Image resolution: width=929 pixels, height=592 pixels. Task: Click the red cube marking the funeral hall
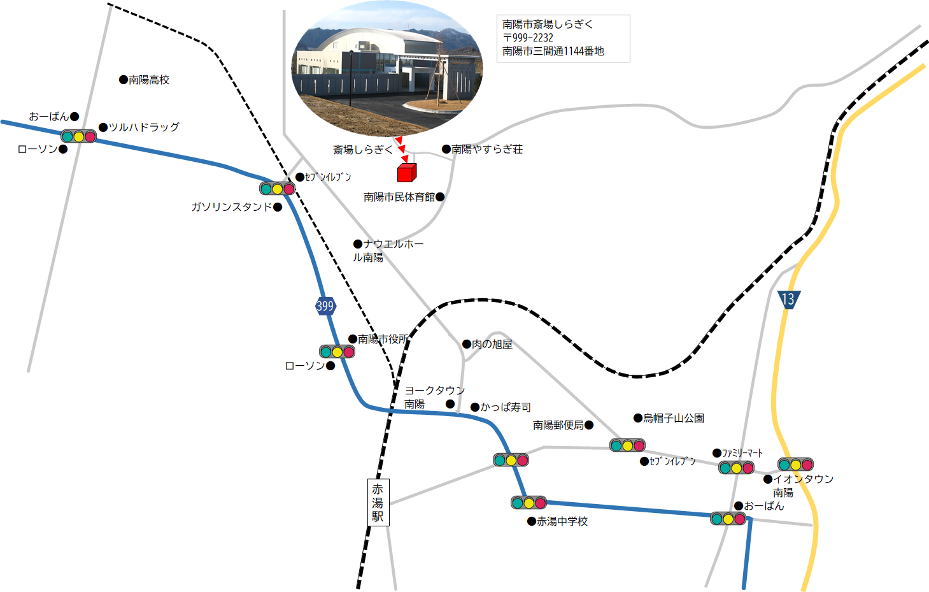coord(407,173)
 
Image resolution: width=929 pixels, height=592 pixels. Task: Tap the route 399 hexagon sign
coord(325,306)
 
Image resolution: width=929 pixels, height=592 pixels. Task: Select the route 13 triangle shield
coord(788,300)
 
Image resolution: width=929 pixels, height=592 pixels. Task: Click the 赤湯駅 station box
coord(378,502)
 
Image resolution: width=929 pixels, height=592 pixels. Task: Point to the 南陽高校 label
coord(149,80)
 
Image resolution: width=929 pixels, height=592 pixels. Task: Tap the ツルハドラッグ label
coord(144,127)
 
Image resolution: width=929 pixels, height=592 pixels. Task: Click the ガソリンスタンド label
coord(231,206)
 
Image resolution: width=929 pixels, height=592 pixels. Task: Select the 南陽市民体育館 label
coord(399,197)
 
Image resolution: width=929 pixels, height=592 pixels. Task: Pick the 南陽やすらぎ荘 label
coord(487,149)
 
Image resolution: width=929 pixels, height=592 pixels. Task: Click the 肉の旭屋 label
coord(492,344)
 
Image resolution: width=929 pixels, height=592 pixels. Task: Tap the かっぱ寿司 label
coord(506,407)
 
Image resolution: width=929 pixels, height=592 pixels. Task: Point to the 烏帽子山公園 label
coord(674,418)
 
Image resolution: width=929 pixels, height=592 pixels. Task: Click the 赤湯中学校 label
coord(562,521)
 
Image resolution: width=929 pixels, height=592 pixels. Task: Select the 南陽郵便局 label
coord(558,425)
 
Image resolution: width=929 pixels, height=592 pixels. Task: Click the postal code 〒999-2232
coord(528,38)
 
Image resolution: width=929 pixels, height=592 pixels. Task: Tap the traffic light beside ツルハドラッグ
coord(79,136)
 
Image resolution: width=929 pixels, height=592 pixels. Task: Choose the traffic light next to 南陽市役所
coord(337,352)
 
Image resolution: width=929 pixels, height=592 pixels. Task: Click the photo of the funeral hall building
coord(387,68)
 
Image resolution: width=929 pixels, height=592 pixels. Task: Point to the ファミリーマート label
coord(742,453)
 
